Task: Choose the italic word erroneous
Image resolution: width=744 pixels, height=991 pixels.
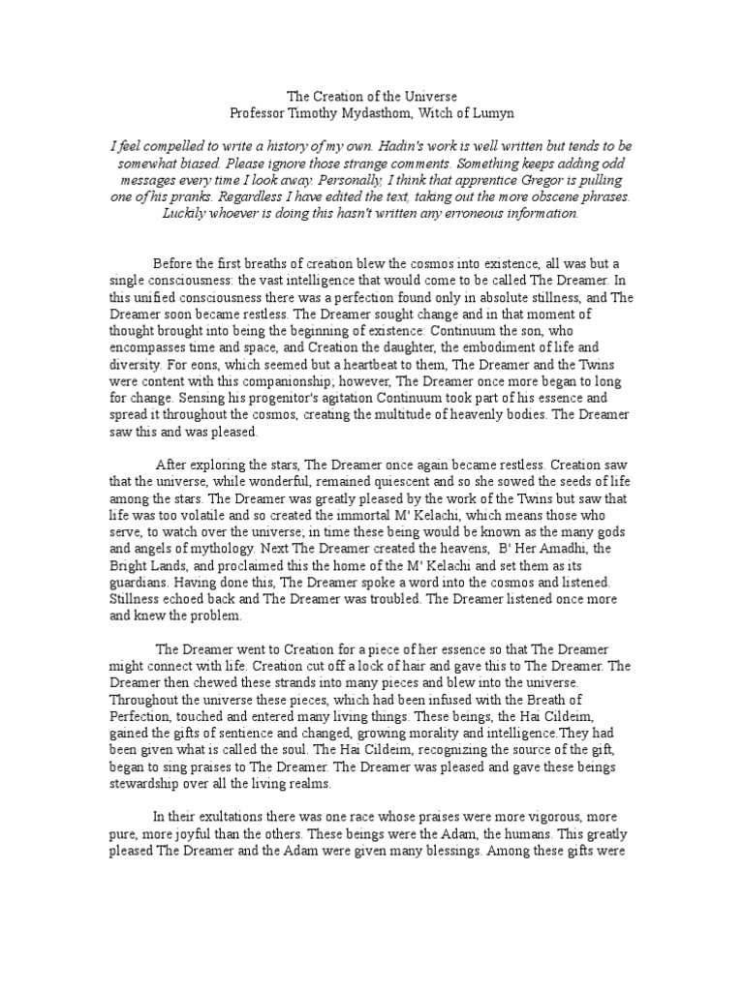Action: pyautogui.click(x=469, y=214)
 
